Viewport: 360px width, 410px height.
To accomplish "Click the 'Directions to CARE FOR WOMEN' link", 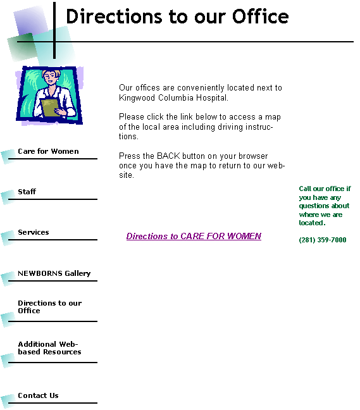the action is click(x=194, y=236).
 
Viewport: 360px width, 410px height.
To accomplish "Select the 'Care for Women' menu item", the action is click(x=48, y=151).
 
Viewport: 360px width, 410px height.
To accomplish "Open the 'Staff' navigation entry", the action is click(x=27, y=192).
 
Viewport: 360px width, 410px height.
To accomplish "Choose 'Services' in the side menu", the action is click(x=34, y=232).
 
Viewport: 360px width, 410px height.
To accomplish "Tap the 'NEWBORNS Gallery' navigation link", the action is click(x=54, y=273).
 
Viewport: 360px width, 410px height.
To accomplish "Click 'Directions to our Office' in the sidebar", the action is click(x=50, y=307).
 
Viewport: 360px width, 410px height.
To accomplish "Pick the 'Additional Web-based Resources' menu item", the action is click(x=50, y=348).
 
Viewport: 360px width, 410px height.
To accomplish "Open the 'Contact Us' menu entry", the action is click(x=38, y=395).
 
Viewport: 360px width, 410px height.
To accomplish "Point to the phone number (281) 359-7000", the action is click(x=323, y=240).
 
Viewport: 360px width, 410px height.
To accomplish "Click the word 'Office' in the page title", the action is click(x=261, y=16).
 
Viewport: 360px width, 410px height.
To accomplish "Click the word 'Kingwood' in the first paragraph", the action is click(x=137, y=98).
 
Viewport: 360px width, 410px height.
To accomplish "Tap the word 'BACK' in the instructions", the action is click(x=168, y=156).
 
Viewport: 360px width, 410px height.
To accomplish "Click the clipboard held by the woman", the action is click(x=50, y=108).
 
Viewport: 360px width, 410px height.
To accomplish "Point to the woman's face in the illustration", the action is click(x=50, y=77).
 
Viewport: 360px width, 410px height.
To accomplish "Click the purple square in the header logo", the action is click(x=31, y=22).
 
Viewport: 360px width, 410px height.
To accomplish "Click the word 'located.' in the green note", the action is click(x=312, y=223).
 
